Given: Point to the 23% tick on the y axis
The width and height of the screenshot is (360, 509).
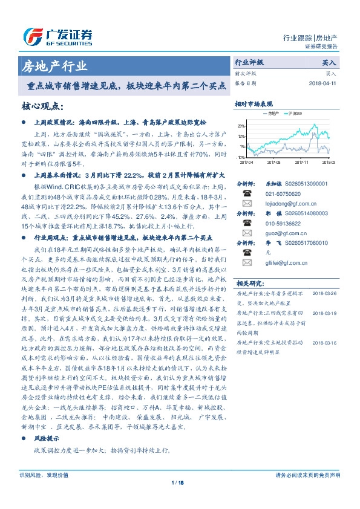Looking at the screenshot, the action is click(241, 126).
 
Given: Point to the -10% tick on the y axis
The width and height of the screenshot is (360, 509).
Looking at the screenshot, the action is click(240, 157).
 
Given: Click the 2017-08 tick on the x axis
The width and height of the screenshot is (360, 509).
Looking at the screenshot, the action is click(273, 162).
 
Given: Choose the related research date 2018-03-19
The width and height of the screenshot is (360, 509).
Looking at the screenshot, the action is click(325, 314).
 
